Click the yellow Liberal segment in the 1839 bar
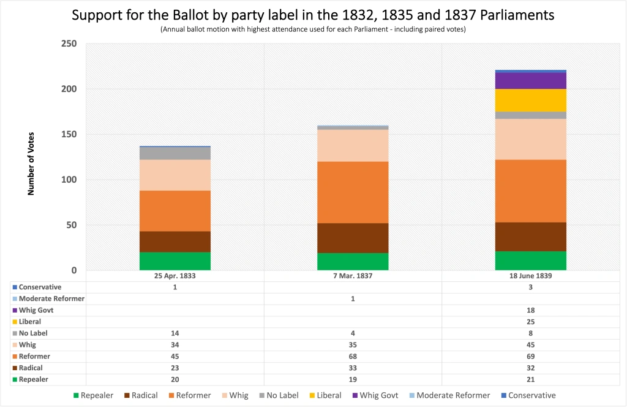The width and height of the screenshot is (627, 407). [x=530, y=100]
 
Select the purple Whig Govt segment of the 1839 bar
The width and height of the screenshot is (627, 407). [x=530, y=81]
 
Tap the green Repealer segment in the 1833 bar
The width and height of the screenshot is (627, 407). [x=175, y=261]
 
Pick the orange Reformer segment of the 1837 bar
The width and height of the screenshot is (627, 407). [x=353, y=192]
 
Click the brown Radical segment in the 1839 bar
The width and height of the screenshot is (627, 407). [x=530, y=237]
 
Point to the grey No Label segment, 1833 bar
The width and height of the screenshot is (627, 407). [x=175, y=153]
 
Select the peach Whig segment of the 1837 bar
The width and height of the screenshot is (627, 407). [x=353, y=145]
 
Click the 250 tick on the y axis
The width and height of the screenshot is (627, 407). [x=69, y=44]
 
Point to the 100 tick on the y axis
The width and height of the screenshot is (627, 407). [x=69, y=180]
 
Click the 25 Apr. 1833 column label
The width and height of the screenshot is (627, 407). [x=175, y=276]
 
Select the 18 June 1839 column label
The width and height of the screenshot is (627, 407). [x=530, y=276]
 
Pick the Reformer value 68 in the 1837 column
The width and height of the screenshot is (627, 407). [x=353, y=356]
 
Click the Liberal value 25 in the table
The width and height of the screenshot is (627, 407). [x=530, y=322]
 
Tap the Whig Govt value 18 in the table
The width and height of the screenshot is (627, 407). [x=530, y=310]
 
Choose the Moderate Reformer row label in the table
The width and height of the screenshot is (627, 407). [x=51, y=299]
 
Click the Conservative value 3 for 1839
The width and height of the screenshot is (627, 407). [x=530, y=287]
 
